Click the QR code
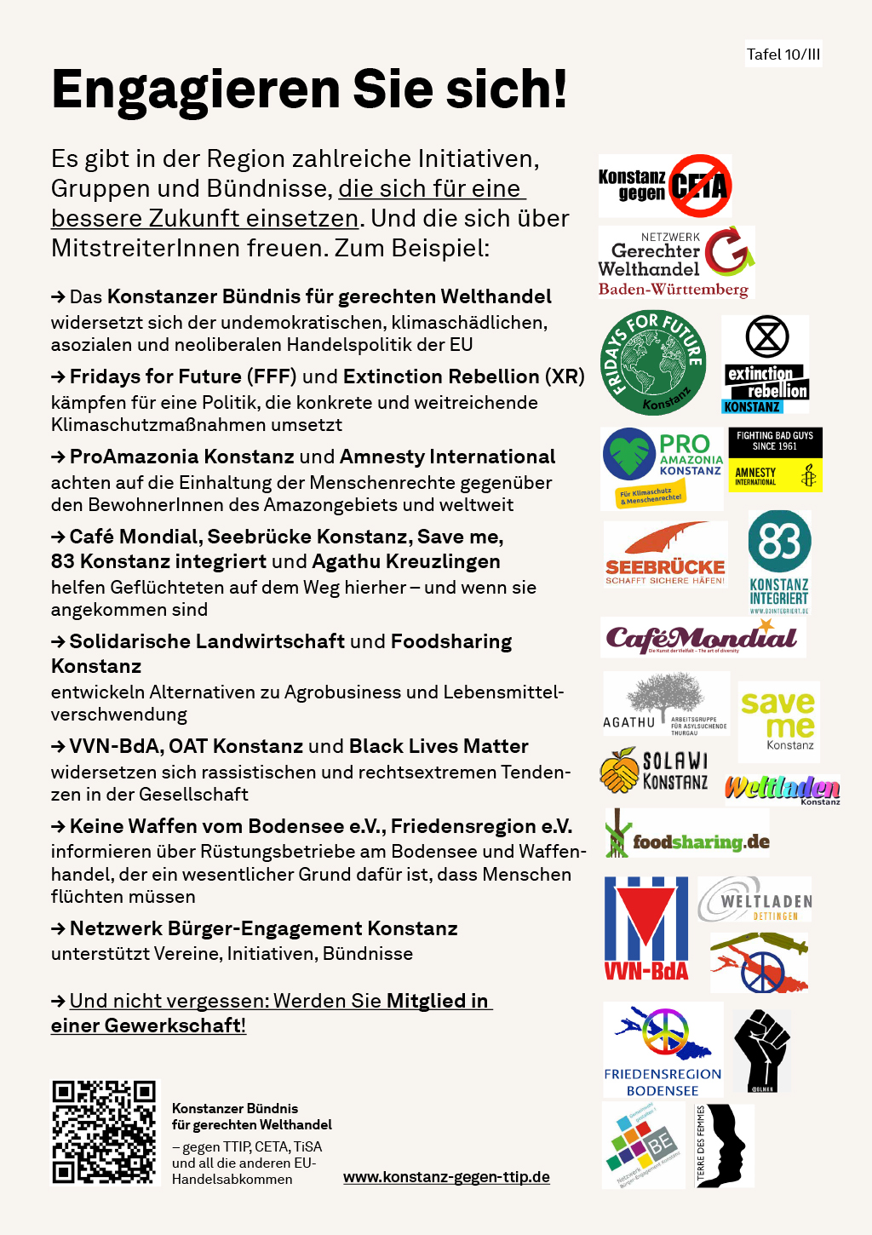coord(105,1132)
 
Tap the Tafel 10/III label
coord(783,55)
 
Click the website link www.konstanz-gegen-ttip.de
coord(446,1176)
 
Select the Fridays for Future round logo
coord(653,363)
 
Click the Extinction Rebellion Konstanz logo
coord(766,364)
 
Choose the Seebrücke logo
coord(665,554)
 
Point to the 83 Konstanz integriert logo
coord(779,562)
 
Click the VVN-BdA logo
coord(646,928)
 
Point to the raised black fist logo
coord(762,1049)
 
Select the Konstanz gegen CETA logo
coord(665,186)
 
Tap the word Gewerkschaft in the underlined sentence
coord(174,1025)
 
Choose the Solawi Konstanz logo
coord(654,770)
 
